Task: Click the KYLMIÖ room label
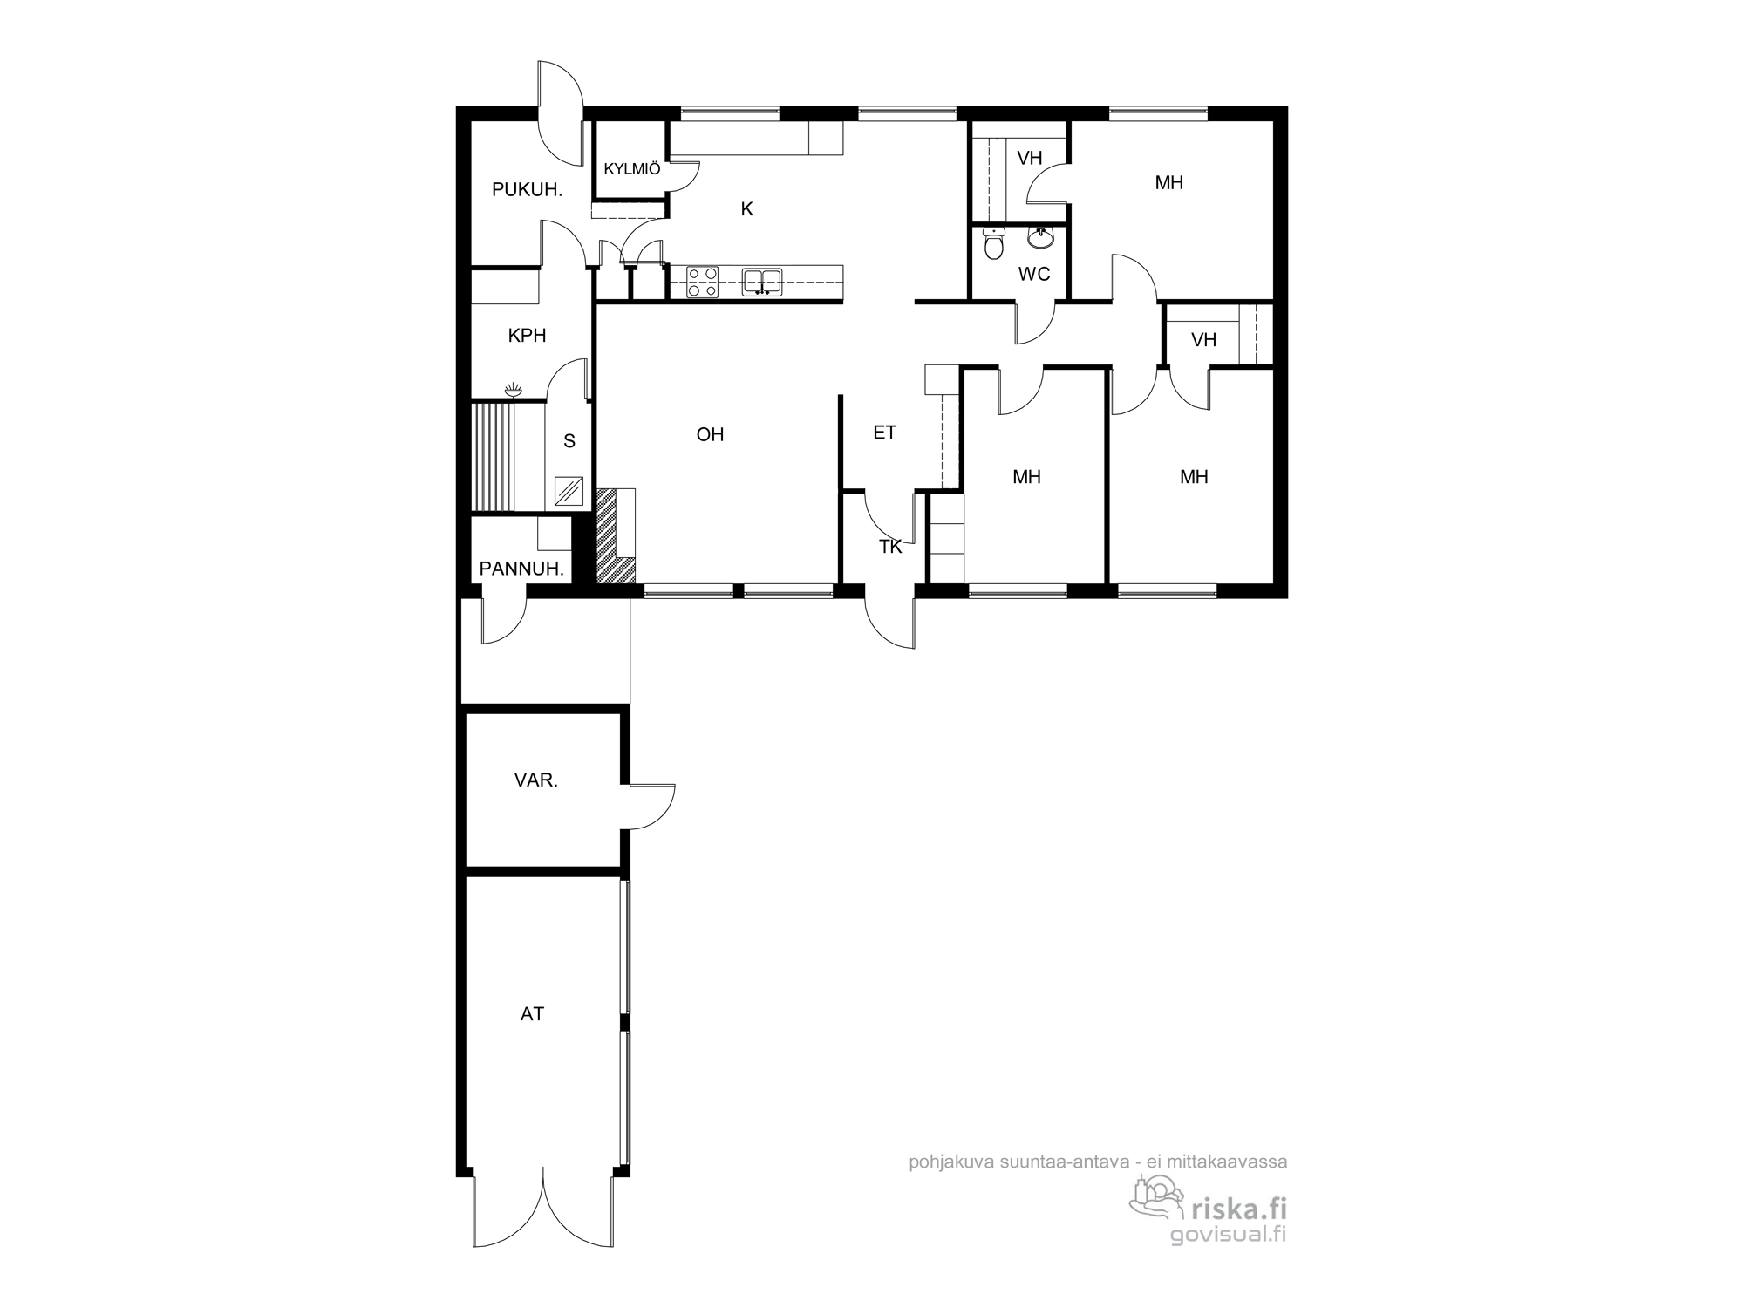pyautogui.click(x=632, y=169)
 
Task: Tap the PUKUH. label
pyautogui.click(x=527, y=189)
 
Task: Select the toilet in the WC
pyautogui.click(x=994, y=243)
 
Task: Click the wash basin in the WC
pyautogui.click(x=1040, y=236)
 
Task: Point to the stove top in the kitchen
pyautogui.click(x=702, y=282)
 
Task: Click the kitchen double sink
pyautogui.click(x=762, y=282)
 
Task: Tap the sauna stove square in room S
pyautogui.click(x=569, y=491)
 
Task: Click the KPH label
pyautogui.click(x=527, y=336)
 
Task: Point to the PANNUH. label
pyautogui.click(x=521, y=569)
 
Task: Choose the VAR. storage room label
pyautogui.click(x=536, y=780)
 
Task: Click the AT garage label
pyautogui.click(x=532, y=1014)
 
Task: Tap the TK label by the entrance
pyautogui.click(x=890, y=547)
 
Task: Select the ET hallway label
pyautogui.click(x=884, y=433)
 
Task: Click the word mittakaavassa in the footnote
pyautogui.click(x=1235, y=1162)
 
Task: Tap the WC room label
pyautogui.click(x=1034, y=274)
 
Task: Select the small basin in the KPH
pyautogui.click(x=513, y=391)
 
